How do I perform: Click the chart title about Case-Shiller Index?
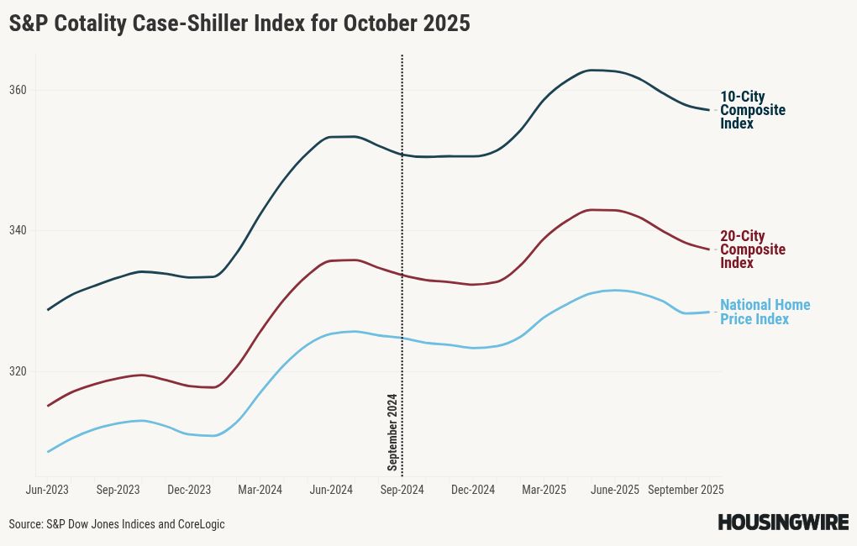coord(239,24)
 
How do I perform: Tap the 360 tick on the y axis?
coord(18,90)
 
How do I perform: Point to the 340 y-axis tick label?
coord(18,231)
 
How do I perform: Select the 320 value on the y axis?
coord(18,371)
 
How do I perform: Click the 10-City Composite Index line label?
coord(753,110)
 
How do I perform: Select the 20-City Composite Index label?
coord(753,249)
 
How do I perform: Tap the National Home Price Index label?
coord(765,312)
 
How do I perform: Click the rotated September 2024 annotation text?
coord(392,432)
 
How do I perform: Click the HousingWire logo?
coord(782,522)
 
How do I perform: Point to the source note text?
coord(117,524)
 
